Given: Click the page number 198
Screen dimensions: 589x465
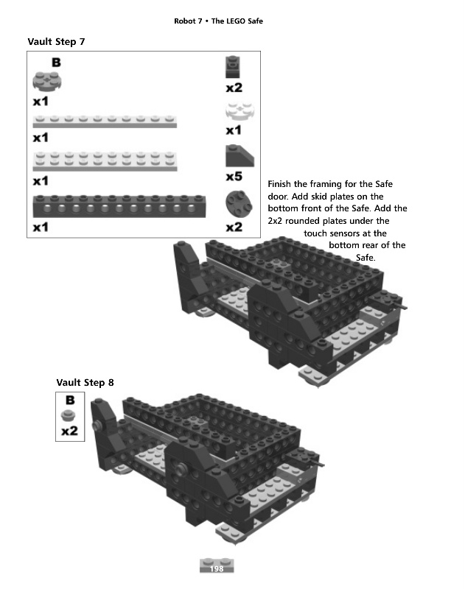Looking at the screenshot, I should tap(217, 569).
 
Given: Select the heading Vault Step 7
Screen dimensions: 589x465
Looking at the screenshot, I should tap(56, 41).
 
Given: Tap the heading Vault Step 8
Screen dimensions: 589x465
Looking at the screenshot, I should tap(85, 382).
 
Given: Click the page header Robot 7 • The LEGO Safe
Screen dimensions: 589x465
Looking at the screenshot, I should tap(218, 21).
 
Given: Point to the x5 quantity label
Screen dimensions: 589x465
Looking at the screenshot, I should tap(234, 177).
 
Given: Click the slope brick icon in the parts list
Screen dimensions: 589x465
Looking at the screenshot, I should tap(238, 157).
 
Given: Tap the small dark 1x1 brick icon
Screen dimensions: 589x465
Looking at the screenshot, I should tap(234, 67).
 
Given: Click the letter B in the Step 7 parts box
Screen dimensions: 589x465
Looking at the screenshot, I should tap(56, 63).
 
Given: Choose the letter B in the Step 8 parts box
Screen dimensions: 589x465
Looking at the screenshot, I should tap(70, 401).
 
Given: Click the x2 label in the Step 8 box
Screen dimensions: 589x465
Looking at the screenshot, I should tap(70, 431).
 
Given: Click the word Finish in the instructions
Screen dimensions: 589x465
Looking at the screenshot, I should tap(279, 183).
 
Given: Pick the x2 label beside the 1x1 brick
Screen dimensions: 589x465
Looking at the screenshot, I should tap(234, 88).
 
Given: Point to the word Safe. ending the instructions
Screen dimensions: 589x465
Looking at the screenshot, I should tap(366, 258).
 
